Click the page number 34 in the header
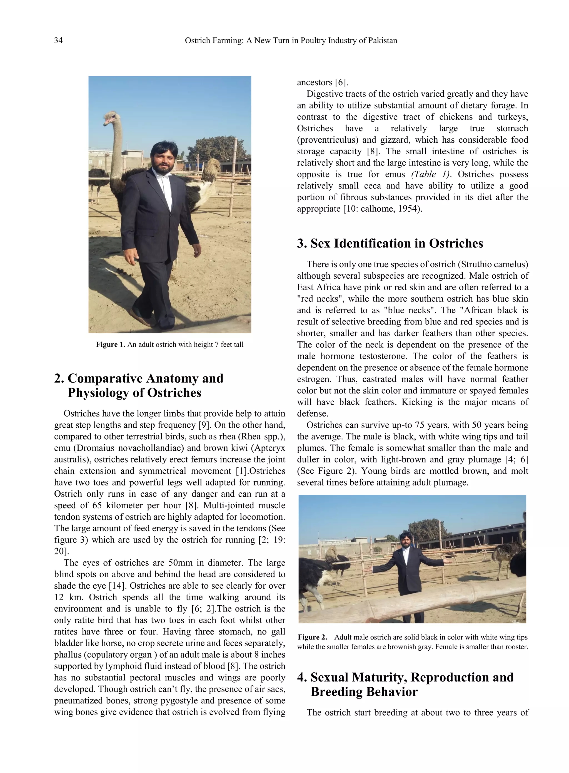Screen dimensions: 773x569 point(59,41)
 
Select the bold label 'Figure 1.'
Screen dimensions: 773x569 point(111,345)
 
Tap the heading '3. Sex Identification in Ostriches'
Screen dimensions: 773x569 point(390,243)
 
